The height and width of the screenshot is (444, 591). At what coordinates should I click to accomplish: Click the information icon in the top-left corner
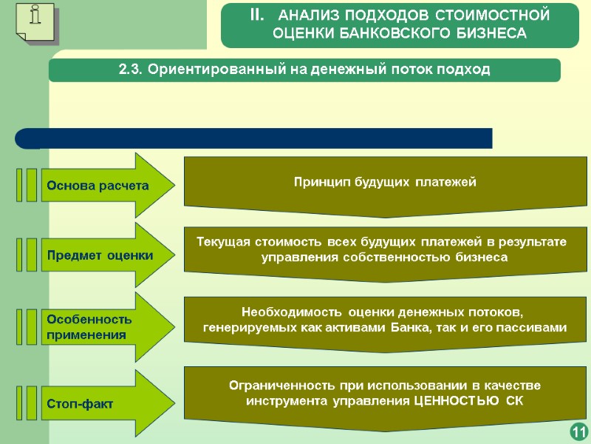coord(35,22)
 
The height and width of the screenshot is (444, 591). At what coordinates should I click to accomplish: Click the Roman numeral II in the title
coord(255,15)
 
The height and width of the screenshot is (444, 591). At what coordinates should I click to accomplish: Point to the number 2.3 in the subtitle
coord(131,70)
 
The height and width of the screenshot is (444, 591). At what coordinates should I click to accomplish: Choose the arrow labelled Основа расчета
coord(103,185)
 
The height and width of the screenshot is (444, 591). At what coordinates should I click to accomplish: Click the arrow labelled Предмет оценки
coord(103,255)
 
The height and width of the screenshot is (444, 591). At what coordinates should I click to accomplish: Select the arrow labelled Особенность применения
coord(103,326)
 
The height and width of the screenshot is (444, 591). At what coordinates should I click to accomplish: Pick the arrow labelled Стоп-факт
coord(103,404)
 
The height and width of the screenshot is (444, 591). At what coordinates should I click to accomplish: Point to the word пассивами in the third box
coord(531,328)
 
